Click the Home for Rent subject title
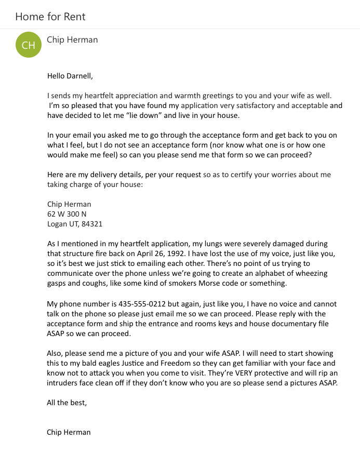coord(50,17)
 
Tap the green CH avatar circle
coord(29,45)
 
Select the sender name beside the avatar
coord(72,39)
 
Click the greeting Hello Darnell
coord(70,76)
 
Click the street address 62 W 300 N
coord(67,214)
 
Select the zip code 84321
coord(92,224)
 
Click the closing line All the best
coord(67,403)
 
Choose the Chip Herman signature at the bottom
coord(69,432)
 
